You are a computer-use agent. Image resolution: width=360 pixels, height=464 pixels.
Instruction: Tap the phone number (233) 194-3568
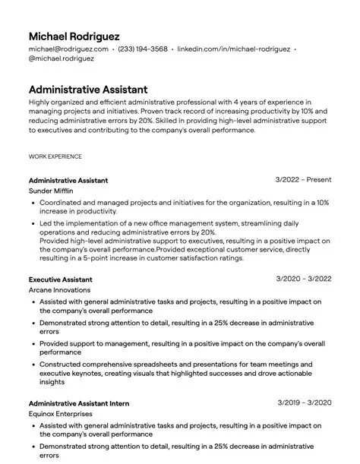coord(144,49)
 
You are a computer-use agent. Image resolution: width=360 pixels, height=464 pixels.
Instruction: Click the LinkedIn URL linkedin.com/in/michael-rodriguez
coord(233,49)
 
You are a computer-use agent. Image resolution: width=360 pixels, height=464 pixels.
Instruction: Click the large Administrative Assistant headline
coord(88,89)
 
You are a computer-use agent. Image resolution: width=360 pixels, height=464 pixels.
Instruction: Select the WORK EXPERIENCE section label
coord(55,156)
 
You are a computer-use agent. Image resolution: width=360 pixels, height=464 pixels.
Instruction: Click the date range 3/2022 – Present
coord(303,180)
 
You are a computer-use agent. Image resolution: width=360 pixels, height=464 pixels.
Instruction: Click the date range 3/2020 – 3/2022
coord(303,279)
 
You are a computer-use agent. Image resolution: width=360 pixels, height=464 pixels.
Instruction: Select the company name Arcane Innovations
coord(59,290)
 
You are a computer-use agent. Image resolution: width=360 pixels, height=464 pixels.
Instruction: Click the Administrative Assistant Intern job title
coord(78,402)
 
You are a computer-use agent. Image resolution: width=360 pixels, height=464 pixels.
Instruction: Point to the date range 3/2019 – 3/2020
coord(304,402)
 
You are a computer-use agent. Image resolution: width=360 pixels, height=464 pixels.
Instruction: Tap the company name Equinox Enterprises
coord(61,414)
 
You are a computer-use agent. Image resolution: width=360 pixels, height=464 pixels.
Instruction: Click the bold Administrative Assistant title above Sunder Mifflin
coord(68,181)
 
